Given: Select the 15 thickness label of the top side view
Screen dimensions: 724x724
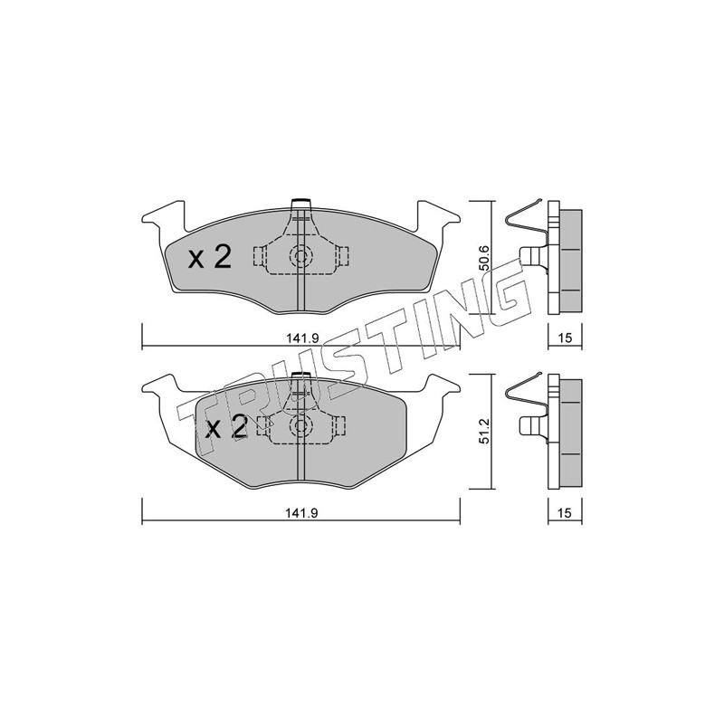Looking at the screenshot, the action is point(565,338).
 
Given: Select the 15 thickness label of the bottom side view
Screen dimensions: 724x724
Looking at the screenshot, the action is point(565,512).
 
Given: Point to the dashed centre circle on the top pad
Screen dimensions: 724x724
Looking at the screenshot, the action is point(301,256).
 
